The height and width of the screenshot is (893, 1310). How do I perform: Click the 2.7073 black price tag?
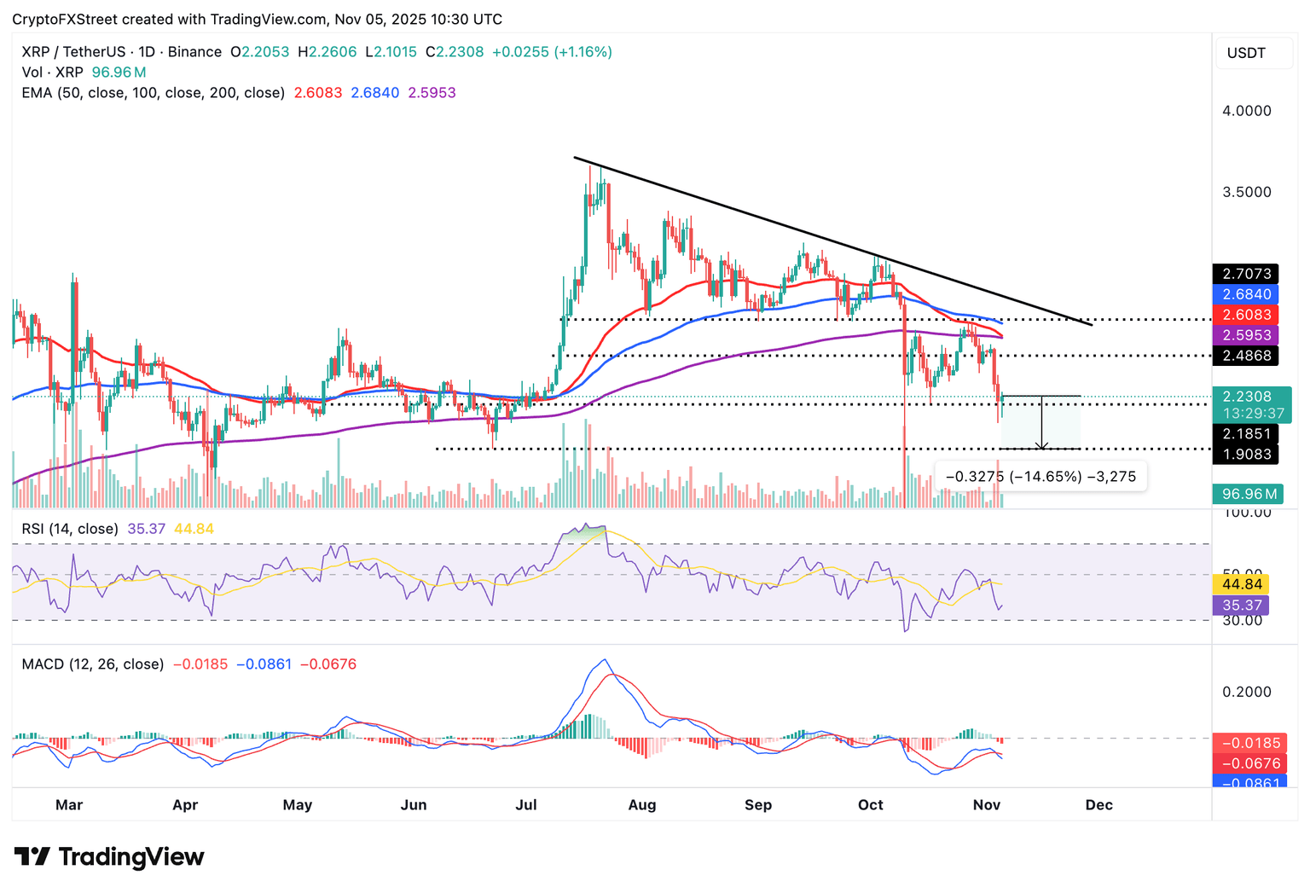[x=1246, y=274]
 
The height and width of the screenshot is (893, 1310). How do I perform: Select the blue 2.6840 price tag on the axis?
[x=1246, y=294]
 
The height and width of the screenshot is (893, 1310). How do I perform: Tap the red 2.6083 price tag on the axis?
[x=1246, y=315]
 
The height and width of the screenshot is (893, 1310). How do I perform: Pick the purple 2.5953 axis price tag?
[x=1246, y=335]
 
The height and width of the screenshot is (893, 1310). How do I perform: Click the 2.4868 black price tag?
[x=1246, y=356]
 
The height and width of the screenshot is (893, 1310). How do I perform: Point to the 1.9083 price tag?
[x=1246, y=454]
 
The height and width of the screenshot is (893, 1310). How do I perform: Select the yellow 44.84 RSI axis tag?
[x=1242, y=584]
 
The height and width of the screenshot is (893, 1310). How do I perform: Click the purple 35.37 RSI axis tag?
[x=1242, y=606]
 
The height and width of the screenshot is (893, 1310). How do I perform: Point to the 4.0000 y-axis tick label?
[x=1247, y=111]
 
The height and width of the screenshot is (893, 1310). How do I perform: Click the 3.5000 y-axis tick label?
[x=1247, y=192]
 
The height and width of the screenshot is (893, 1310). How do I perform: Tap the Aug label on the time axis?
[x=642, y=804]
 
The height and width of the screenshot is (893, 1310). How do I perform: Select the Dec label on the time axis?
[x=1098, y=804]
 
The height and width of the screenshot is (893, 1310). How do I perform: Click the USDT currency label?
[x=1246, y=53]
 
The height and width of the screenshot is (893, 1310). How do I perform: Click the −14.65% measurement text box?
[x=1041, y=476]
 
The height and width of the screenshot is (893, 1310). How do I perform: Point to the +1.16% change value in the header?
[x=583, y=52]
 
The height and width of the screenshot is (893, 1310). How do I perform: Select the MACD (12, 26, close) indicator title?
[x=93, y=664]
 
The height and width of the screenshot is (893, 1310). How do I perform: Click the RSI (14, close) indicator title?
[x=70, y=529]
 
